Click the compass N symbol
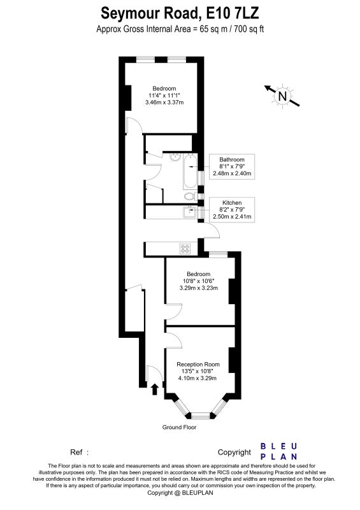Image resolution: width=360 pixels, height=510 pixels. [282, 96]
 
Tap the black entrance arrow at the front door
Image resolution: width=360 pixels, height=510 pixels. [155, 389]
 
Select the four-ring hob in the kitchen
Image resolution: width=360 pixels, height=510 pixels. [185, 249]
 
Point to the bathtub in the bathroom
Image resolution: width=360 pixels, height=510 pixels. [191, 171]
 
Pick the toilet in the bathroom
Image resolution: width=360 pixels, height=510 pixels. [191, 196]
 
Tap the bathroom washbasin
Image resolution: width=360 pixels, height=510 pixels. [176, 157]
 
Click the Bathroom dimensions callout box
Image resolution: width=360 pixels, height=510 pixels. [232, 166]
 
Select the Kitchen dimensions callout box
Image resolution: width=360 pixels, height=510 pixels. [232, 210]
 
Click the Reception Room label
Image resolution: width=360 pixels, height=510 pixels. [198, 364]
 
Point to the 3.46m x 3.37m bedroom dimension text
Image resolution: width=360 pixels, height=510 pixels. [164, 103]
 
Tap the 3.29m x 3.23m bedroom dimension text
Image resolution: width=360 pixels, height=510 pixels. [199, 288]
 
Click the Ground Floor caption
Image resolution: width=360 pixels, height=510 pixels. [179, 427]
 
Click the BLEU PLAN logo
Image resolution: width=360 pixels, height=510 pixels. [278, 451]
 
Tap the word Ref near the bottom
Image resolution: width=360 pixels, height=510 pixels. [76, 452]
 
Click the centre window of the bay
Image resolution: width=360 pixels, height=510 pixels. [201, 415]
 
